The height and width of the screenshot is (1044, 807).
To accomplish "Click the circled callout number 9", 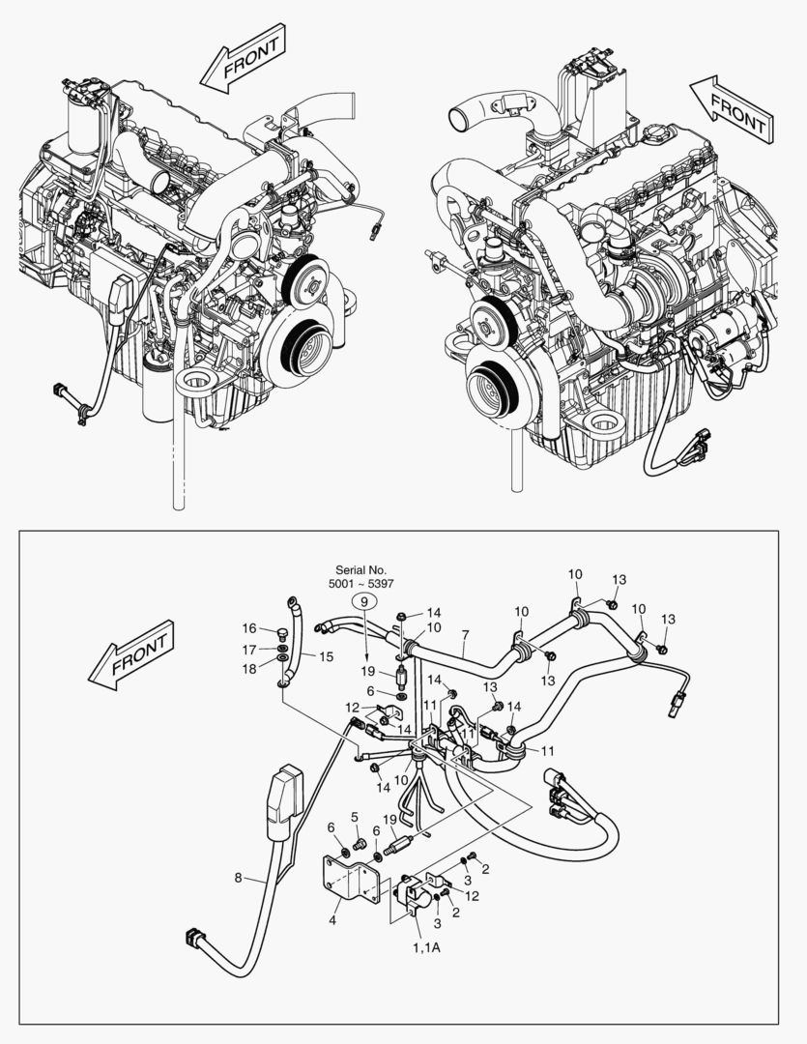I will [x=365, y=601].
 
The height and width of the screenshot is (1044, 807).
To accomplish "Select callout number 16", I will [x=248, y=628].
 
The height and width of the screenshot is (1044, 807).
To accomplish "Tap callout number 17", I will [x=248, y=650].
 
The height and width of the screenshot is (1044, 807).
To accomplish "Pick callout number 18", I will [x=248, y=668].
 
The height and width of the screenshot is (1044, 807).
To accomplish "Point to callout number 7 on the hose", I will [x=465, y=635].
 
